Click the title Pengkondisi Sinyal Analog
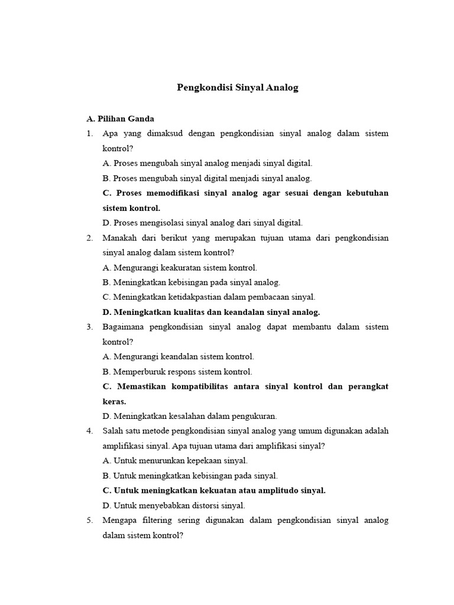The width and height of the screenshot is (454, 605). [238, 88]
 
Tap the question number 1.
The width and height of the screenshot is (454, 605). [89, 134]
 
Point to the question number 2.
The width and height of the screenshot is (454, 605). [89, 238]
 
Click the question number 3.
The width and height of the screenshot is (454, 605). [89, 327]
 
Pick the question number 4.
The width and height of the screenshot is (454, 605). [89, 431]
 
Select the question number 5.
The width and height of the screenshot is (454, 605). [89, 521]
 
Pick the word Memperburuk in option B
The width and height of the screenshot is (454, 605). [137, 372]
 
